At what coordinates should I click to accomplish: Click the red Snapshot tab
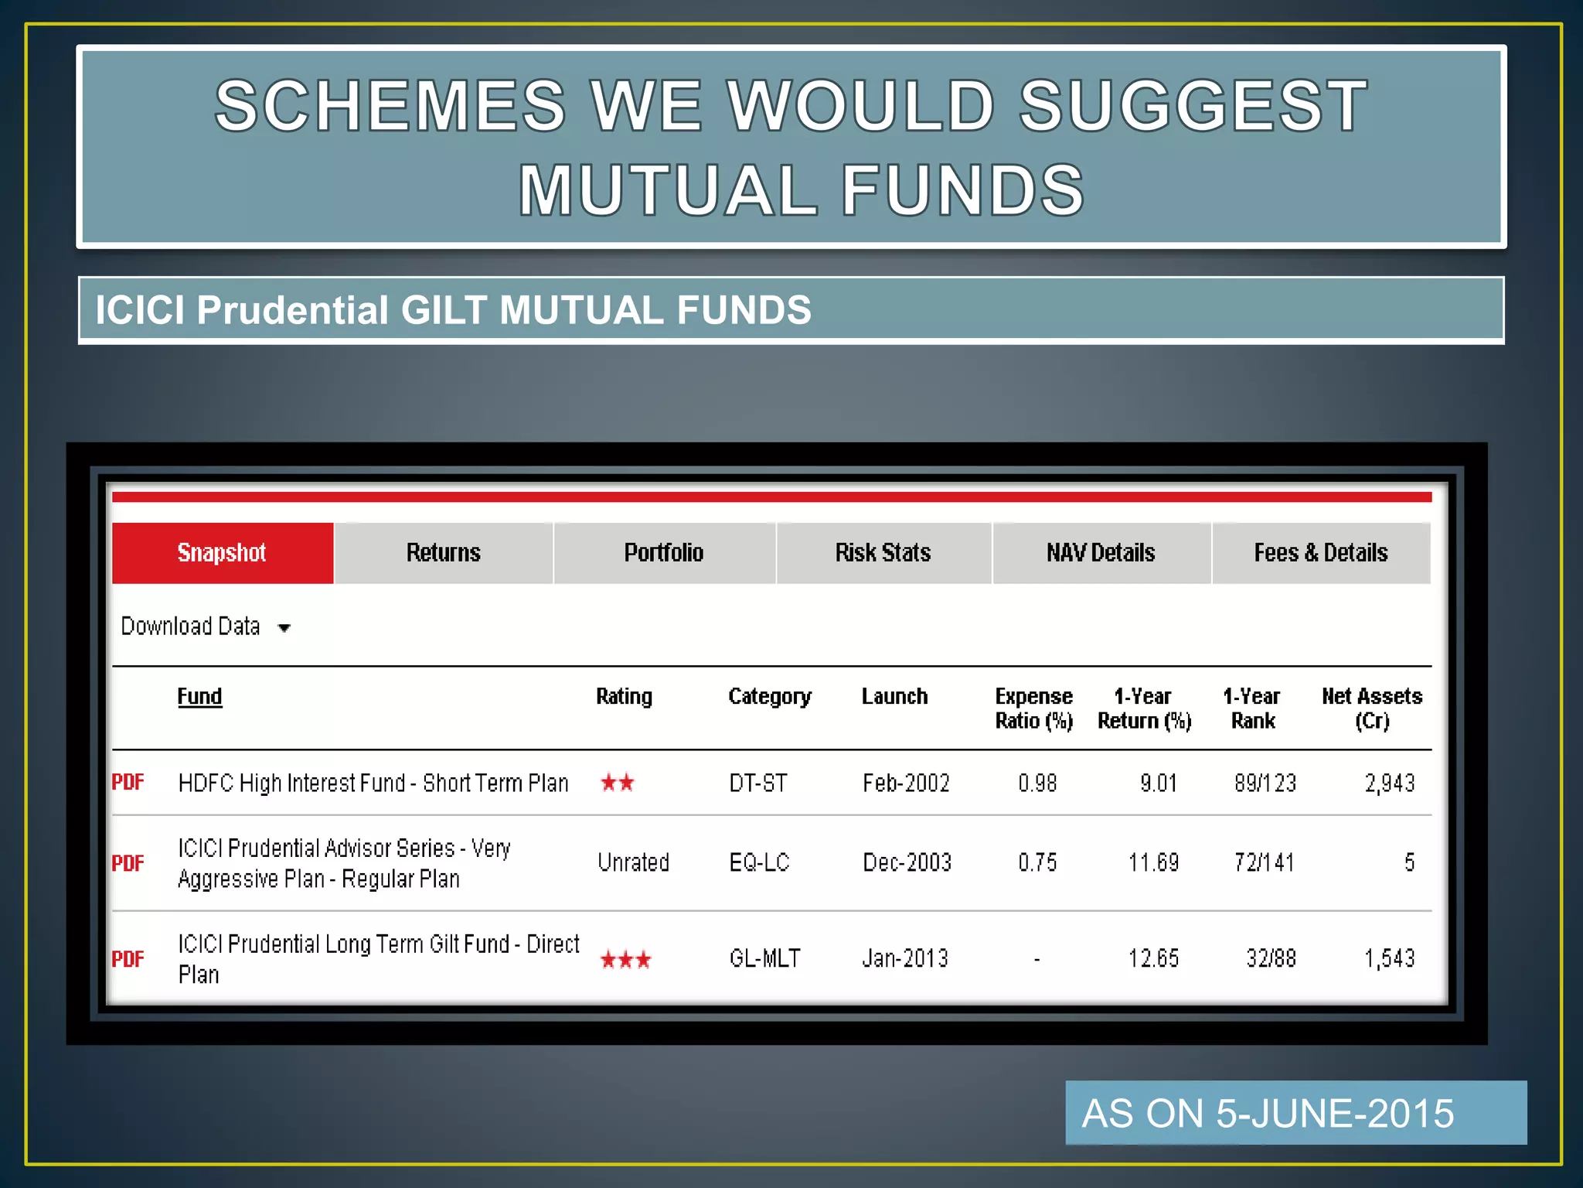point(223,553)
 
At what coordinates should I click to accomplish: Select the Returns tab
point(444,553)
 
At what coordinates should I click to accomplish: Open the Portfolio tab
point(664,553)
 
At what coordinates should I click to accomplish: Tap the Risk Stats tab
point(883,553)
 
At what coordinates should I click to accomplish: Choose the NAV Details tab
point(1101,553)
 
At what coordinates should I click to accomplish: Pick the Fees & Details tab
point(1321,553)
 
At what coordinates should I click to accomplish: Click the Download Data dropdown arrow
point(284,628)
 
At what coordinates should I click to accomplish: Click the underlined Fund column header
point(199,697)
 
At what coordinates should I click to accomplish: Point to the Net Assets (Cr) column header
point(1372,708)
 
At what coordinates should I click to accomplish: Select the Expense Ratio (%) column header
point(1034,708)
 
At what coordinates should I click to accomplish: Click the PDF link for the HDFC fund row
point(128,783)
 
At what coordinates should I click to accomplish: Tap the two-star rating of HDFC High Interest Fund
point(618,783)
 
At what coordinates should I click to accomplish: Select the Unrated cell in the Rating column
point(633,862)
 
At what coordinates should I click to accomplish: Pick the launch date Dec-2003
point(907,862)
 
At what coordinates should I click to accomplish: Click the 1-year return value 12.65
point(1153,959)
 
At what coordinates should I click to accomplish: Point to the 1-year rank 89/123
point(1265,783)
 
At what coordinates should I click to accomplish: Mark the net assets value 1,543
point(1389,959)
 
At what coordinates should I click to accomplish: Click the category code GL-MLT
point(764,959)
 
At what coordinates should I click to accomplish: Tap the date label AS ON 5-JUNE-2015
point(1268,1114)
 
